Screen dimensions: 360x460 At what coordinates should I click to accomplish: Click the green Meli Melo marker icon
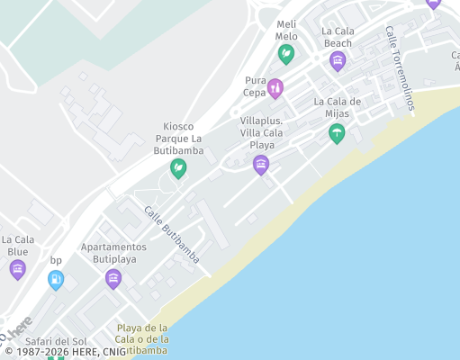286,54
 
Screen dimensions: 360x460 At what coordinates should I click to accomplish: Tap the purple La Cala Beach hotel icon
338,61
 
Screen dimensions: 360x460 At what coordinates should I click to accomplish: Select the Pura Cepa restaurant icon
275,87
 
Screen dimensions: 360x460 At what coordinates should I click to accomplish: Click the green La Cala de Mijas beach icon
337,134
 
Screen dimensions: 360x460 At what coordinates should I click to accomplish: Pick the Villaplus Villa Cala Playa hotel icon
261,164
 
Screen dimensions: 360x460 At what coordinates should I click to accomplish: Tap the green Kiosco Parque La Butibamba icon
179,167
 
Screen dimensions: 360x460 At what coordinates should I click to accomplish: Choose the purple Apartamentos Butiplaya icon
113,278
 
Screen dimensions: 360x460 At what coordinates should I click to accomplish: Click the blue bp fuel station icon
56,280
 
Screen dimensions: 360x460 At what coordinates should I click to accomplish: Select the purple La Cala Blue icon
18,269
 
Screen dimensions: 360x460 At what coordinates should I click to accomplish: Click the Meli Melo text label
286,30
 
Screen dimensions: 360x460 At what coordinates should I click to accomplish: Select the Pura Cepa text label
256,86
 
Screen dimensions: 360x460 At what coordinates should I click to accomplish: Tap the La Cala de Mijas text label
338,107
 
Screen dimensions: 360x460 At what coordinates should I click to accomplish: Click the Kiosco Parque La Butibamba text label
178,139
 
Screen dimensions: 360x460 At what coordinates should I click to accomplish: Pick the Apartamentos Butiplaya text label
113,253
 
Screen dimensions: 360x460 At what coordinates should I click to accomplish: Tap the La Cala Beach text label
338,37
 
